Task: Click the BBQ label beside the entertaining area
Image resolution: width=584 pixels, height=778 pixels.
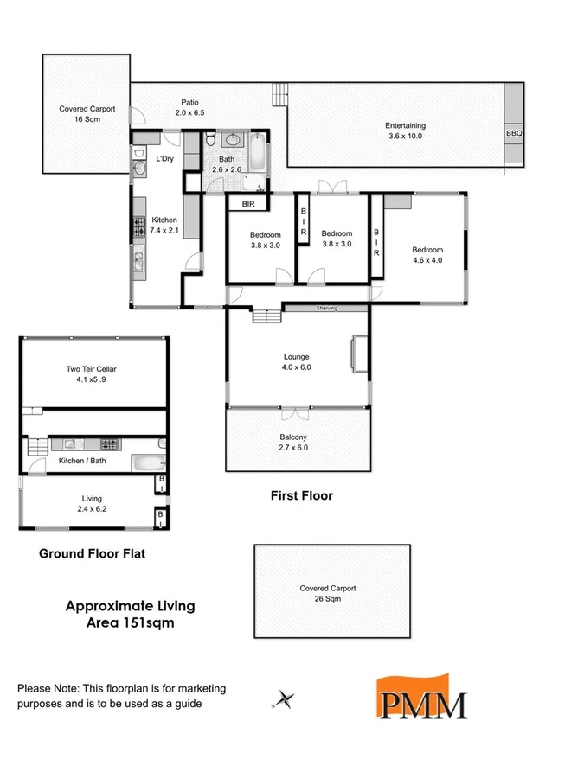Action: click(x=515, y=134)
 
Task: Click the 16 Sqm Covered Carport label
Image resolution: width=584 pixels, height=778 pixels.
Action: click(x=87, y=114)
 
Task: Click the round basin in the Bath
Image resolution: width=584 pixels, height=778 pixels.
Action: click(x=233, y=140)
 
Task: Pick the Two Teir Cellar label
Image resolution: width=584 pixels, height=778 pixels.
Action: click(x=92, y=374)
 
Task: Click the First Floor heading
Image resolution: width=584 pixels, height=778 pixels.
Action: click(x=302, y=495)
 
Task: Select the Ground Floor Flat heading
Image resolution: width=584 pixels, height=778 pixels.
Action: click(x=92, y=553)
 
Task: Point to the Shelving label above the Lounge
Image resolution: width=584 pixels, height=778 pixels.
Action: click(x=326, y=308)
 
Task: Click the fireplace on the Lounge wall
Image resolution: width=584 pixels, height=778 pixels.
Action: click(x=354, y=354)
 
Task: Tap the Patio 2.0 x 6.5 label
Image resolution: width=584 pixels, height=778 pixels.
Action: click(x=189, y=107)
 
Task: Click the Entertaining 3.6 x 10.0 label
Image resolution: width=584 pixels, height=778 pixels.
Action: click(x=405, y=131)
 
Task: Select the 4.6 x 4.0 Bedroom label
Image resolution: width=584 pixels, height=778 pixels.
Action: click(x=427, y=255)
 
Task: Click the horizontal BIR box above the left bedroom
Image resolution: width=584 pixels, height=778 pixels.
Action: click(x=248, y=204)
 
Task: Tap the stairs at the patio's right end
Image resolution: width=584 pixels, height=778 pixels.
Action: click(x=279, y=92)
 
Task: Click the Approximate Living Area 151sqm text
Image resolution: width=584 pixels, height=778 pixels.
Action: click(x=130, y=614)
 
